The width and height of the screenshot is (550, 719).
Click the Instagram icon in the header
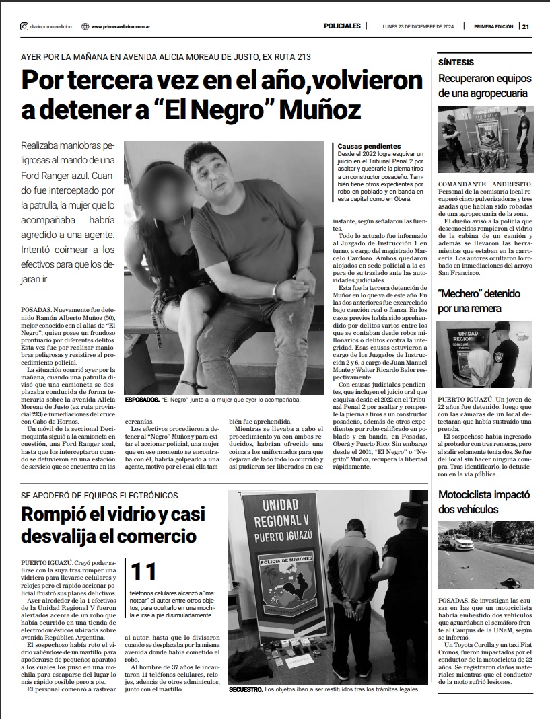click(x=24, y=26)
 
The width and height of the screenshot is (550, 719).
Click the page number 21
click(x=526, y=26)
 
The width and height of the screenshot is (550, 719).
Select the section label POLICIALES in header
click(x=342, y=26)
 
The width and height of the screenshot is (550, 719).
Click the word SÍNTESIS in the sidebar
click(x=455, y=62)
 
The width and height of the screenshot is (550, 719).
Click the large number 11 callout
click(x=144, y=571)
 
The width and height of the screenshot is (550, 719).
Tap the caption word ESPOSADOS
click(x=142, y=400)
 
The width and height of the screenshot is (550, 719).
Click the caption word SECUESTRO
click(x=246, y=689)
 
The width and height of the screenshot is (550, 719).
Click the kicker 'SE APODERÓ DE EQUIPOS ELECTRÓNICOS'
click(x=99, y=496)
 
